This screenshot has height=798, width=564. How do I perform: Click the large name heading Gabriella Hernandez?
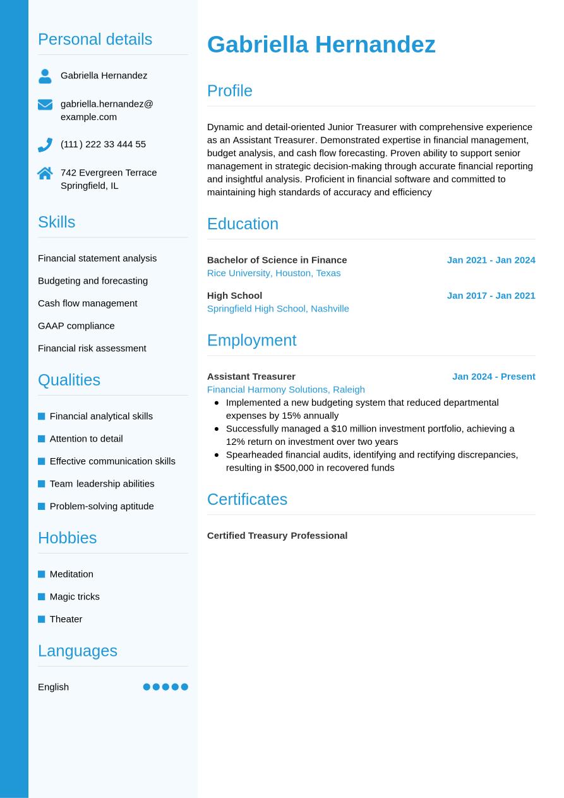click(321, 45)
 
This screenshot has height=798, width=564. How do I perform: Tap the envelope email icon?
click(45, 104)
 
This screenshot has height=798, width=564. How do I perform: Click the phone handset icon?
click(45, 145)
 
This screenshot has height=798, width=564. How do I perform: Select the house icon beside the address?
click(45, 173)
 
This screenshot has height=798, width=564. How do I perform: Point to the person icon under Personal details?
click(45, 76)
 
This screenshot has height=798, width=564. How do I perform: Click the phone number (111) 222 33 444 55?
click(103, 144)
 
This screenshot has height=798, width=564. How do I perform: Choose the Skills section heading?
click(56, 222)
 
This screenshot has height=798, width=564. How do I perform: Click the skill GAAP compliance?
click(76, 325)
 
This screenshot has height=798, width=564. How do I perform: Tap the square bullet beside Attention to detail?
click(42, 438)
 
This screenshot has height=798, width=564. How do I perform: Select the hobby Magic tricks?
click(75, 596)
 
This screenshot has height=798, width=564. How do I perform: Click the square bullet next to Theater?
click(42, 619)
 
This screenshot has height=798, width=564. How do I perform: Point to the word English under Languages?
click(53, 687)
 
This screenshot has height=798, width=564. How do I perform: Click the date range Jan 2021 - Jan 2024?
click(491, 260)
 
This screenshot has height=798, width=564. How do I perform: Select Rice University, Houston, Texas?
click(273, 273)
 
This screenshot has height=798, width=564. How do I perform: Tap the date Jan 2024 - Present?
click(493, 376)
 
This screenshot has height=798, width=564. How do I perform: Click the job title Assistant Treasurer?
click(251, 376)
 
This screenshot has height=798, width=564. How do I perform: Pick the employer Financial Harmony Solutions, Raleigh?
click(285, 389)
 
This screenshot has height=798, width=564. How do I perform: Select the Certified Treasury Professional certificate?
click(277, 535)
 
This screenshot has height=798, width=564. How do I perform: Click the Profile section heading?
click(229, 90)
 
